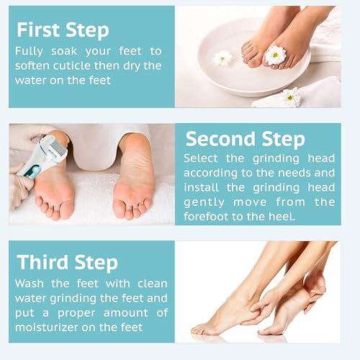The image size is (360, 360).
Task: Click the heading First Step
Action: click(x=63, y=30)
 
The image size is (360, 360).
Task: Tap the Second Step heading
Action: click(x=245, y=138)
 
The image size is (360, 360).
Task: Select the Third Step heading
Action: click(x=68, y=261)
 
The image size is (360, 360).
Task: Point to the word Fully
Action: click(x=31, y=52)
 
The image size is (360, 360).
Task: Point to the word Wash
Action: click(x=31, y=283)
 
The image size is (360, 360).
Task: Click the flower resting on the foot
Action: click(x=275, y=54)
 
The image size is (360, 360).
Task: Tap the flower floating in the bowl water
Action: click(x=222, y=58)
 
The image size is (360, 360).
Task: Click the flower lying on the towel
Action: click(x=292, y=97)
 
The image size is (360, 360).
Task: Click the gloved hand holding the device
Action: click(x=22, y=187)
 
